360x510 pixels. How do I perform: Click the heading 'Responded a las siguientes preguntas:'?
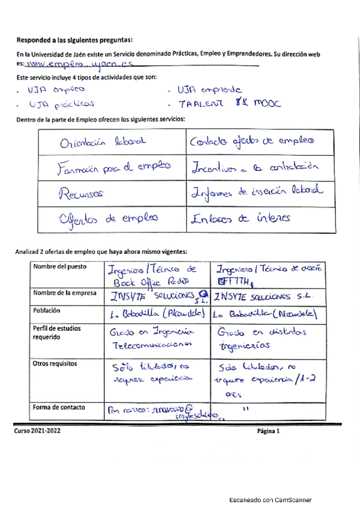75,40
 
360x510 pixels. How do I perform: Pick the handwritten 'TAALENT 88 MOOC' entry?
221,103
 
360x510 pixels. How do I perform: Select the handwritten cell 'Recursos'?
81,192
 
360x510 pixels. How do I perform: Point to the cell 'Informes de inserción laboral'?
256,191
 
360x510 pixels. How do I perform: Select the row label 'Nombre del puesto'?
60,266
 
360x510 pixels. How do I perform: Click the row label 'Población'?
47,310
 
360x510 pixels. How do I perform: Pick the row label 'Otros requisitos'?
56,363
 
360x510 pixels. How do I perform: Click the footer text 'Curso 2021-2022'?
41,431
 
